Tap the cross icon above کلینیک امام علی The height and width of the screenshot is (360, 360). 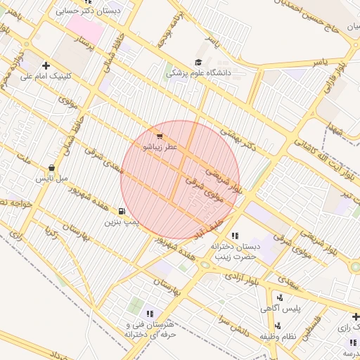[46, 65]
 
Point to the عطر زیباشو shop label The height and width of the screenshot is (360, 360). [161, 148]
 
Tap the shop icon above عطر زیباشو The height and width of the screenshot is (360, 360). [160, 137]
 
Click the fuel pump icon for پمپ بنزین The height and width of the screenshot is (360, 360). [122, 211]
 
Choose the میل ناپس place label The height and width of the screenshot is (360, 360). [53, 179]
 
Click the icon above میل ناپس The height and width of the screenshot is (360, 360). [52, 168]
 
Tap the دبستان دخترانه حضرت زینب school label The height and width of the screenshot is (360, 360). [234, 252]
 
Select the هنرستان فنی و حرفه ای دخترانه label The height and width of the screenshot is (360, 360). [148, 330]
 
